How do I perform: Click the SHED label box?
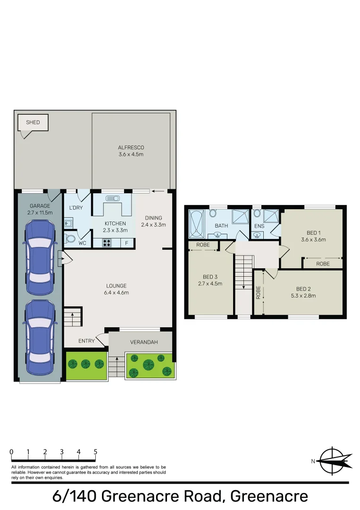(x=33, y=123)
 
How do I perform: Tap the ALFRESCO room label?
(x=131, y=147)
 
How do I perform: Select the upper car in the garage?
(x=40, y=258)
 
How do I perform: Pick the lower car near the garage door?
(x=40, y=337)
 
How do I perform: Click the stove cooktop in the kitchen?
(x=107, y=243)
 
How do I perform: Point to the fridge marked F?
(x=127, y=243)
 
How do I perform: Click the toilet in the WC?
(x=69, y=239)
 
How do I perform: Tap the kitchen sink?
(x=113, y=198)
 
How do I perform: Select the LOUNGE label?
(x=117, y=286)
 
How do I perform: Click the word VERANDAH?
(x=144, y=342)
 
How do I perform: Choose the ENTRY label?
(x=86, y=341)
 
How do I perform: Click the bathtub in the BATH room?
(x=196, y=224)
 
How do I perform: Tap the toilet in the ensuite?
(x=257, y=213)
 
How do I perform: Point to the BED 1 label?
(x=314, y=233)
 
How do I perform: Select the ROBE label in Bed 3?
(x=203, y=245)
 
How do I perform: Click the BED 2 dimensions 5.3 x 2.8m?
(x=303, y=296)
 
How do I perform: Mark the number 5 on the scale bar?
(x=95, y=452)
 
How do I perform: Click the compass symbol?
(x=333, y=461)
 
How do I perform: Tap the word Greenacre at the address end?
(x=269, y=496)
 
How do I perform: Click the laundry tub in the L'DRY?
(x=68, y=223)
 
